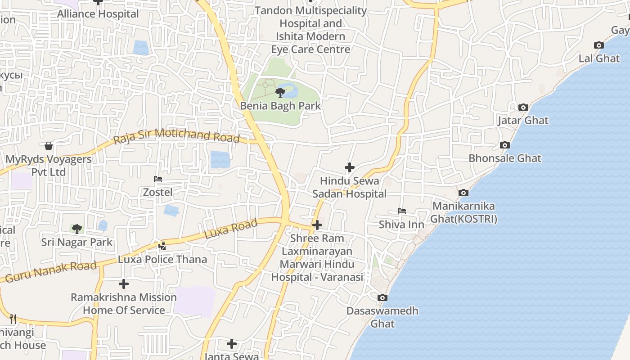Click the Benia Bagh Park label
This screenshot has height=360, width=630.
[x=280, y=106]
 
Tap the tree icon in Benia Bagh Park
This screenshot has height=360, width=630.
[x=280, y=93]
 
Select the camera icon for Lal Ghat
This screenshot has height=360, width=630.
[x=599, y=45]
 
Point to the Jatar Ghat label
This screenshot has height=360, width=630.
[x=523, y=121]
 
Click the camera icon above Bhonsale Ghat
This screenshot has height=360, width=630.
[x=505, y=145]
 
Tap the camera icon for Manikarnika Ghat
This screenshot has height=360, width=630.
[x=463, y=193]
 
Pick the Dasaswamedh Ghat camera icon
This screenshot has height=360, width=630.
[x=382, y=298]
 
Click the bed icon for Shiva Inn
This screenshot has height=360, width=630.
[x=402, y=211]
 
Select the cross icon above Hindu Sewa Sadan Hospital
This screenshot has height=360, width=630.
[x=350, y=168]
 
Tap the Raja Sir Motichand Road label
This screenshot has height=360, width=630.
[x=176, y=135]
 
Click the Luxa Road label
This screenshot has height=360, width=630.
[x=231, y=229]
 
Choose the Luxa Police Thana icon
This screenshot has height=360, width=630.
[x=162, y=246]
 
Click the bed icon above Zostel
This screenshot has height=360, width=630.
[x=158, y=179]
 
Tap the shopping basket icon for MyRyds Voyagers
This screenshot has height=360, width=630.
[x=49, y=146]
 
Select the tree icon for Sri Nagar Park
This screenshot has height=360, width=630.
[x=77, y=229]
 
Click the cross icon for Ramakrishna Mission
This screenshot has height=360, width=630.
[x=124, y=284]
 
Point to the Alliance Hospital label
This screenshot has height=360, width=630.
[x=98, y=14]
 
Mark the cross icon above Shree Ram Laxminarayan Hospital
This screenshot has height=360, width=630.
[x=317, y=225]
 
